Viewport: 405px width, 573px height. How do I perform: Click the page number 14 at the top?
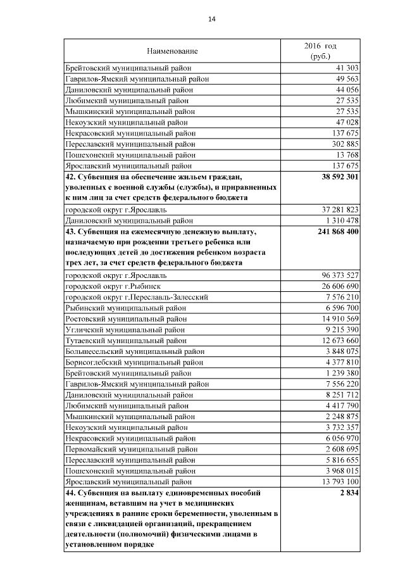(212, 20)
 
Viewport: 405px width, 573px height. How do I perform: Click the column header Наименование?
(172, 51)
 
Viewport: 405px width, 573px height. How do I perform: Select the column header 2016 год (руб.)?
(320, 51)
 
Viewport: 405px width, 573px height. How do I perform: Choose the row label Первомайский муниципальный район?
(130, 448)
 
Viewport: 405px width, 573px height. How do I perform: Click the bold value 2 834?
(349, 493)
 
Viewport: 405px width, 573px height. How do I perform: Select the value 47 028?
(347, 122)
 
